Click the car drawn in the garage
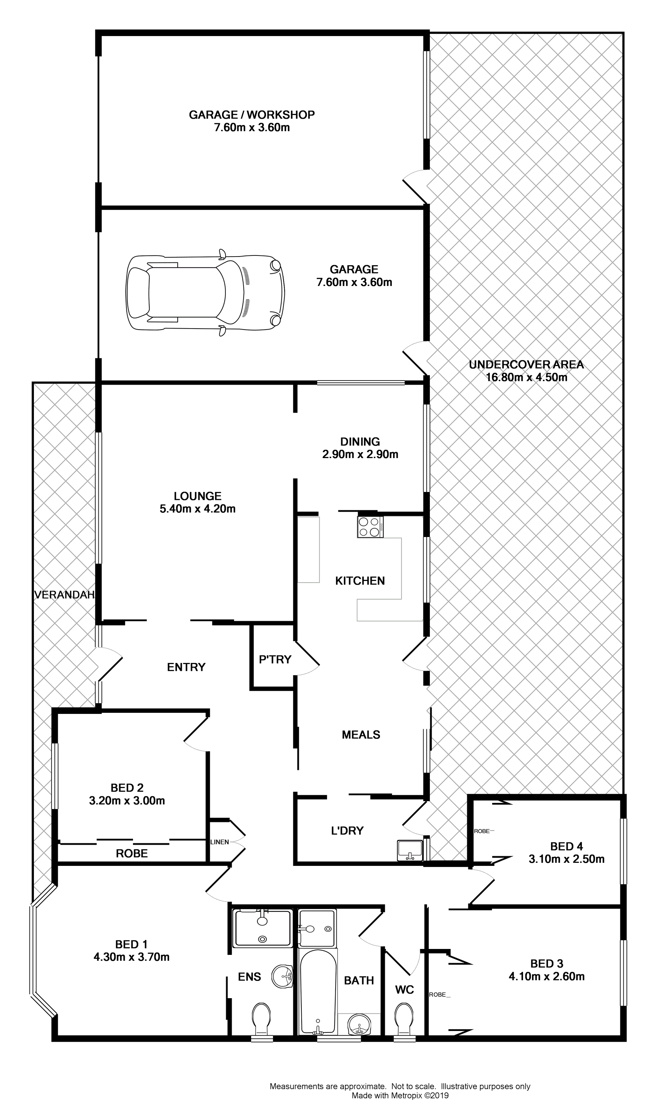(x=205, y=293)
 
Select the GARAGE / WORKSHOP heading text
(x=251, y=115)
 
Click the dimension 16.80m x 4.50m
(x=526, y=377)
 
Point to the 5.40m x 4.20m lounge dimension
(x=197, y=509)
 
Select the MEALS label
(x=361, y=735)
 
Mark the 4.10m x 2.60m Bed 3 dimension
(x=547, y=976)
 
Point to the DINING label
(x=360, y=441)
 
